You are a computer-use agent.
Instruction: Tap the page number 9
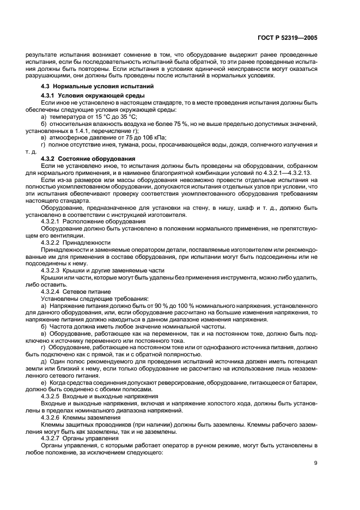point(315,464)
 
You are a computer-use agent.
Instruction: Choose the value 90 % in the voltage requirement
point(154,306)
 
